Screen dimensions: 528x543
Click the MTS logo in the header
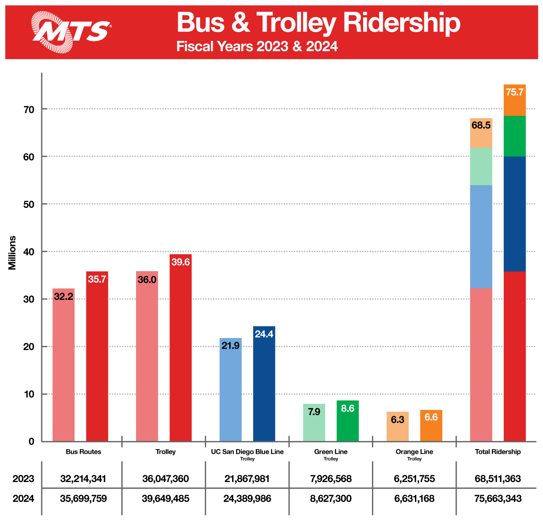pos(72,31)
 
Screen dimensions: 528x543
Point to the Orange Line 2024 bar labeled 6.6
pos(431,426)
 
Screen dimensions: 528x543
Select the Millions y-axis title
pos(12,253)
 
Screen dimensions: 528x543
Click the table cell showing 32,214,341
pos(83,479)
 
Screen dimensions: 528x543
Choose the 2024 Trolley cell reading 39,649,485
pos(166,499)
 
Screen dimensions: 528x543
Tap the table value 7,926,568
pos(331,479)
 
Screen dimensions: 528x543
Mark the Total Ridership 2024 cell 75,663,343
pos(498,499)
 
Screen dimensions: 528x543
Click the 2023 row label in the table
pos(23,479)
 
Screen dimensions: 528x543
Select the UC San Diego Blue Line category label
pos(247,452)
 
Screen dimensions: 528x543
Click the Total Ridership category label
pos(498,452)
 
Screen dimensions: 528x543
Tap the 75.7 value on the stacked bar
pos(514,92)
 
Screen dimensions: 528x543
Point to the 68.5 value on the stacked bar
pos(481,125)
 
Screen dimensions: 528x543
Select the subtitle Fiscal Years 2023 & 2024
pos(257,46)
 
